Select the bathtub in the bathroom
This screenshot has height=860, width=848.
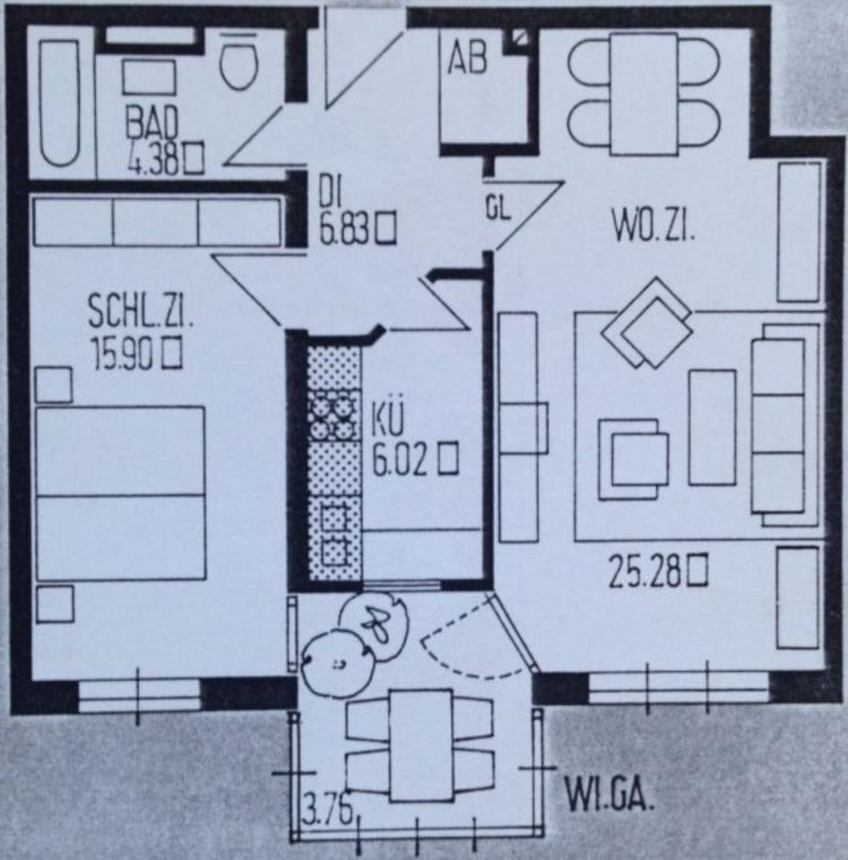click(59, 102)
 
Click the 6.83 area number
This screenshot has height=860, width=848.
click(345, 228)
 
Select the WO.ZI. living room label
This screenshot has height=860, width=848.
click(655, 225)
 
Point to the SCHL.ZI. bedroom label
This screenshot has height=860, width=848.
click(141, 313)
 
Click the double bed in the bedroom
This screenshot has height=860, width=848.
click(120, 494)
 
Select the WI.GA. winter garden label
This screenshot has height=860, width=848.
click(610, 793)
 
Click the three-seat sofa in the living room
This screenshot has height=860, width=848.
click(777, 425)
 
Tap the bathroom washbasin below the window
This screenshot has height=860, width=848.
click(149, 77)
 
